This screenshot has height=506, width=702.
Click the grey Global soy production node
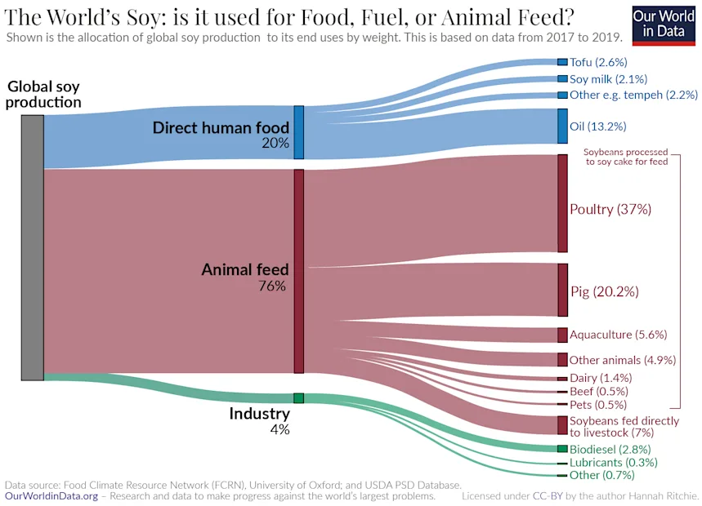pos(32,247)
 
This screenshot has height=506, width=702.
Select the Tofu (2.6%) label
pos(598,62)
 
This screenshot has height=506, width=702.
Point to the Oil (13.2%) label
pos(597,126)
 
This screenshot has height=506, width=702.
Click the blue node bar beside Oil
pos(562,126)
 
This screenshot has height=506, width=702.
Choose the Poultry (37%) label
pos(610,209)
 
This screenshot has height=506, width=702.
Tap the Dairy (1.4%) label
pos(601,378)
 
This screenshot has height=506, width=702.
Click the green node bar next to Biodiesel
pos(562,449)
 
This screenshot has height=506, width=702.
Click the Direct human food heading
pos(221,128)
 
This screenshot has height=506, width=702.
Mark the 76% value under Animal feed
pos(272,286)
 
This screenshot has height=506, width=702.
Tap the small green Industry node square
pos(298,398)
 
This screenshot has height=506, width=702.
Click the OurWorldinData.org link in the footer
pos(51,495)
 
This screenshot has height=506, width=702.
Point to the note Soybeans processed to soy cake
pos(626,157)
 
